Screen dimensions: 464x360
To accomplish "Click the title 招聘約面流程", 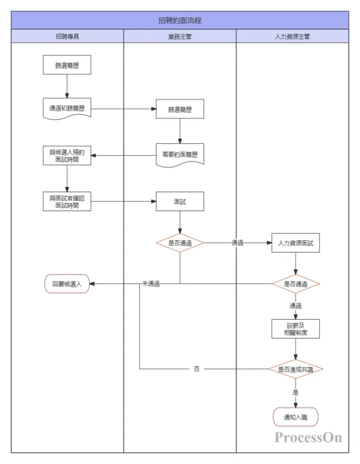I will (180, 20).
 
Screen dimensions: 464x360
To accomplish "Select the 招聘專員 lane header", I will (67, 36).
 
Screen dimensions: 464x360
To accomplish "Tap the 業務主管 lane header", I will (180, 36).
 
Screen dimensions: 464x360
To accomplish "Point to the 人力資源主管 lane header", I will (292, 36).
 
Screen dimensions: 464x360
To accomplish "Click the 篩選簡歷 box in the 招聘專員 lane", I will (67, 65).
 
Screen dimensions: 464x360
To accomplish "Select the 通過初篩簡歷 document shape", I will (67, 109).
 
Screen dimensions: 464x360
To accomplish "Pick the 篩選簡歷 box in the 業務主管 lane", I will (180, 109).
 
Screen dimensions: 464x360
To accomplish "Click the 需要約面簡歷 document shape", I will (180, 155).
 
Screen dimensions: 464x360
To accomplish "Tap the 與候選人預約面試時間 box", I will (67, 156).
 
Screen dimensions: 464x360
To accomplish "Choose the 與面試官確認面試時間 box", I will (67, 201).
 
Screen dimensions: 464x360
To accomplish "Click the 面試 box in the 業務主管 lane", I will (180, 201).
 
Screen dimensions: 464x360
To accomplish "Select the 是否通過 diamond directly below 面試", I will (180, 243).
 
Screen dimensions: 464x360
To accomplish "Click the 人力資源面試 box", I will (295, 243).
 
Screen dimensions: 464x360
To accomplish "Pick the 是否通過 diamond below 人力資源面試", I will (295, 284).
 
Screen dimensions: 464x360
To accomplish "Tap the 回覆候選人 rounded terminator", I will (67, 284).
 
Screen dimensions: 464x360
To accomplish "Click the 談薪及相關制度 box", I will (295, 329).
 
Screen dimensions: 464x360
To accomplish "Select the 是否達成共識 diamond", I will (295, 369).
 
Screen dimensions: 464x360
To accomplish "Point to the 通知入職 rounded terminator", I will (295, 417).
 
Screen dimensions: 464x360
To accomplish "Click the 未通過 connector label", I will (151, 284).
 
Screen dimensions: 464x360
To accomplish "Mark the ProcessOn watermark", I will (308, 437).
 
